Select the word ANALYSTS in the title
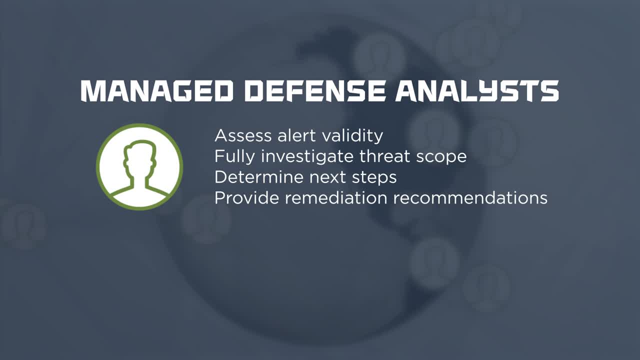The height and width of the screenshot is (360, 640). tap(477, 91)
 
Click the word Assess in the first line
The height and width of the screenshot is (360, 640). tap(243, 135)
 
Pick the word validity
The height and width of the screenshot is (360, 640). tap(352, 136)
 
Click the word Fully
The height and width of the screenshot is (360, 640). tap(234, 156)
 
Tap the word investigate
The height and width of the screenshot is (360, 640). tap(307, 156)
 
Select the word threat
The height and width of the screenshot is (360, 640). tap(384, 156)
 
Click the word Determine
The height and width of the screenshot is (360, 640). tap(259, 177)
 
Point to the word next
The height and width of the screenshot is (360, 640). tap(327, 177)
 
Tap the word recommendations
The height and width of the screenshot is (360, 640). tap(470, 197)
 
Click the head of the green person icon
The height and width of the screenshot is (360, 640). tap(140, 157)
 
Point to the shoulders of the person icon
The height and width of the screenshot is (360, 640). tap(139, 192)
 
